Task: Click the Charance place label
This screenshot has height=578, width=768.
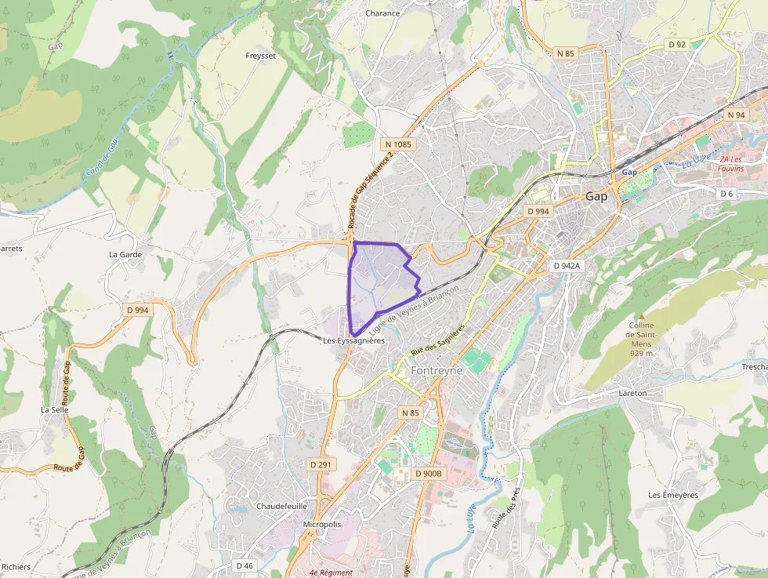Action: [x=382, y=13]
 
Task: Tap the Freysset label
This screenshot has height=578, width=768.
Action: [x=260, y=56]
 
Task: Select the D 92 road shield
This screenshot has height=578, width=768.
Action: [x=677, y=45]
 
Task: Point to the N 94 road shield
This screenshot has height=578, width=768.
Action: [x=736, y=115]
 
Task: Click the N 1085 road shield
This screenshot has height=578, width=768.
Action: [x=398, y=145]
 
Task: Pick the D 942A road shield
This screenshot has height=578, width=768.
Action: [x=567, y=266]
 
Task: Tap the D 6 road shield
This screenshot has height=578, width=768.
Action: [x=726, y=194]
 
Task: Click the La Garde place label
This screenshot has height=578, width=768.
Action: [x=124, y=255]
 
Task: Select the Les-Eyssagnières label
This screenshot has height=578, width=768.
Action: [x=353, y=341]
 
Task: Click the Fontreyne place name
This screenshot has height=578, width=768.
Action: [x=437, y=369]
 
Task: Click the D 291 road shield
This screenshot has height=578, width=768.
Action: [x=321, y=465]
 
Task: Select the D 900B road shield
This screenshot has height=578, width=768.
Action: [x=429, y=474]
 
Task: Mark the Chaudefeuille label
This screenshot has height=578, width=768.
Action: [x=281, y=506]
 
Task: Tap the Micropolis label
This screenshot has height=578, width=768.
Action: [x=322, y=524]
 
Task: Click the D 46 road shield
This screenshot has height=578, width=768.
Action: [x=245, y=565]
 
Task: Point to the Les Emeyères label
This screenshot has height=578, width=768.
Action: [x=672, y=495]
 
